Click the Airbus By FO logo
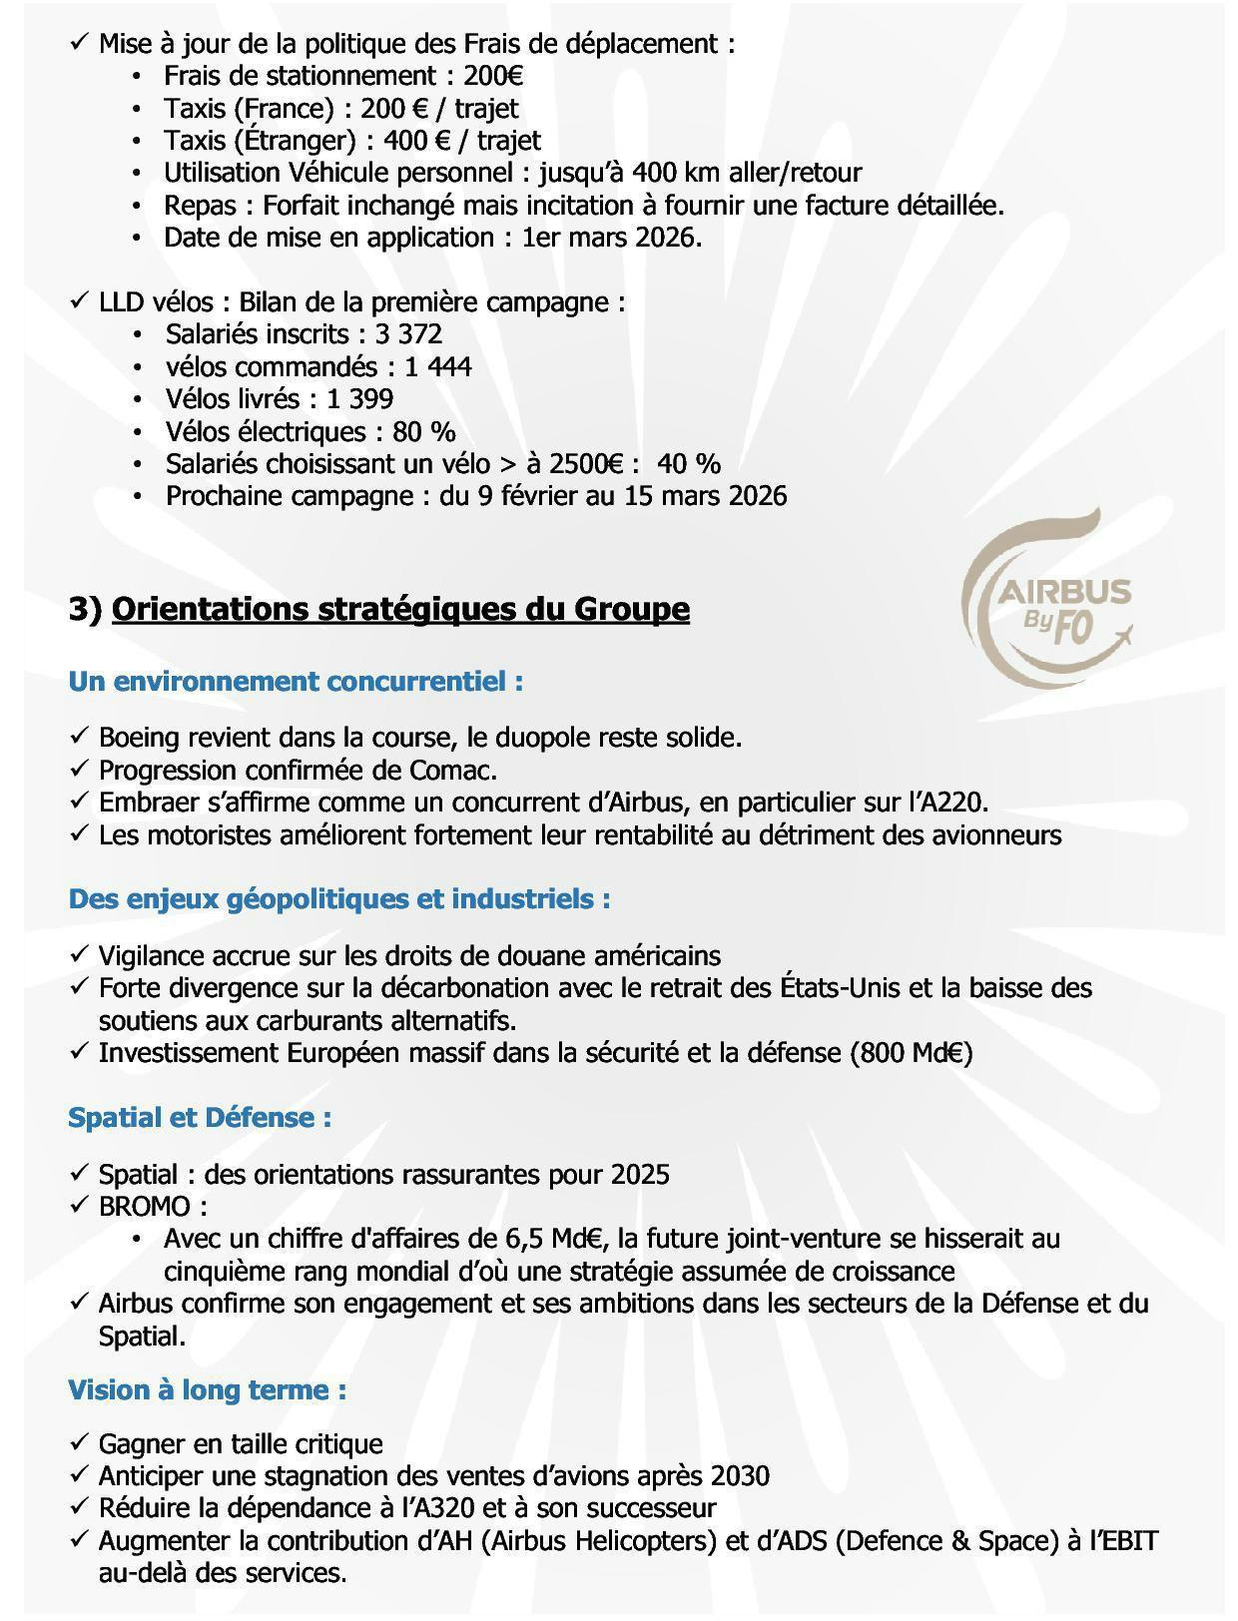pyautogui.click(x=1046, y=599)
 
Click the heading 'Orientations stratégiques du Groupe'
pyautogui.click(x=400, y=609)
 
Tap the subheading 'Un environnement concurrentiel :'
pyautogui.click(x=296, y=682)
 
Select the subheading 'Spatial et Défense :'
pyautogui.click(x=200, y=1117)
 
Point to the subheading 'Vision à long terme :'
pyautogui.click(x=208, y=1389)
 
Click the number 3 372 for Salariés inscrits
pyautogui.click(x=408, y=334)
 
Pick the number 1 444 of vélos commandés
pyautogui.click(x=438, y=367)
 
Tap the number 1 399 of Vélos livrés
pyautogui.click(x=359, y=399)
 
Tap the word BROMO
pyautogui.click(x=144, y=1206)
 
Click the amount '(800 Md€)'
pyautogui.click(x=912, y=1053)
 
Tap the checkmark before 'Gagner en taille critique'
pyautogui.click(x=80, y=1443)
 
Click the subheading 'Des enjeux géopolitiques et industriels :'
pyautogui.click(x=339, y=899)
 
